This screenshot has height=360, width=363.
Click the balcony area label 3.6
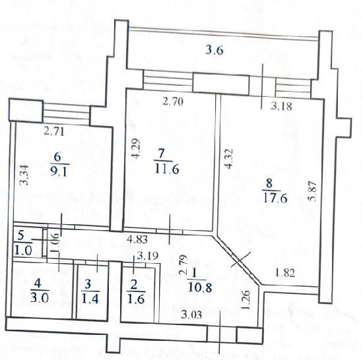tap(214, 50)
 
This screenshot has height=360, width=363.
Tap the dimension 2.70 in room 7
tap(173, 102)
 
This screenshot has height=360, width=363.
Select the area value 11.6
tap(167, 169)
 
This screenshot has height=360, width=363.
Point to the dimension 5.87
tap(313, 191)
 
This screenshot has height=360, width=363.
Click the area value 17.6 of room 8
tap(275, 198)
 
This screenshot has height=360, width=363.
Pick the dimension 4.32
tap(228, 159)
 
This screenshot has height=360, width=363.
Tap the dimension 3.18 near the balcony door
tap(282, 106)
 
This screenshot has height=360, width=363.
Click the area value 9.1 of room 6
tap(59, 171)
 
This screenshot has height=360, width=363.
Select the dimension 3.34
tap(24, 175)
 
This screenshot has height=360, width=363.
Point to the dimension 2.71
tap(53, 132)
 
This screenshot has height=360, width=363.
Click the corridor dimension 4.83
tap(137, 239)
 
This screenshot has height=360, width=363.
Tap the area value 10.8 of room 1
tap(200, 287)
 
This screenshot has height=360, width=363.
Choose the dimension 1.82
tap(284, 273)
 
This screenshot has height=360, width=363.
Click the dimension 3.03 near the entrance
tap(191, 315)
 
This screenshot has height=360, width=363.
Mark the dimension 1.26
tap(246, 300)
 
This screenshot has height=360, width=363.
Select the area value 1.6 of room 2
tap(136, 299)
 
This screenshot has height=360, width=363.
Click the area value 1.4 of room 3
tap(90, 299)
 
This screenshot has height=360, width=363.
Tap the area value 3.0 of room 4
tap(40, 297)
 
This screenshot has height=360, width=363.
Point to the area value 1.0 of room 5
tap(23, 250)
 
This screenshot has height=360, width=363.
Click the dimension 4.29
tap(136, 148)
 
